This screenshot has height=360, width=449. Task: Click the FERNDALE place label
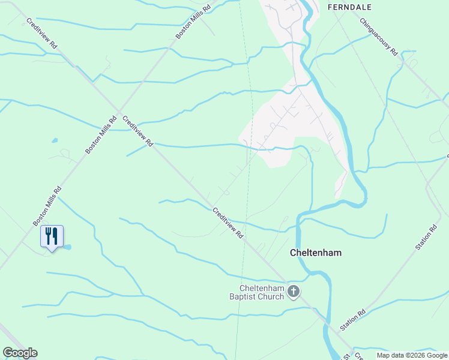tap(350, 7)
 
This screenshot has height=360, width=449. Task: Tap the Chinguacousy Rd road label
tap(379, 37)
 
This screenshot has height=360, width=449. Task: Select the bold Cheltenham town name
tap(316, 253)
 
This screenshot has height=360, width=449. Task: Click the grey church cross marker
tap(294, 292)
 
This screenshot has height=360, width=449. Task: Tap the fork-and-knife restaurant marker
tap(52, 236)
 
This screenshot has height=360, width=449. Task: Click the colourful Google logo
tap(20, 353)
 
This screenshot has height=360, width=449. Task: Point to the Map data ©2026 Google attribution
tap(412, 355)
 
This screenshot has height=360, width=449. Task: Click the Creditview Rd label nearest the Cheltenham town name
tap(228, 223)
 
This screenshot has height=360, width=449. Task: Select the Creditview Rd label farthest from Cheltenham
tap(41, 33)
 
